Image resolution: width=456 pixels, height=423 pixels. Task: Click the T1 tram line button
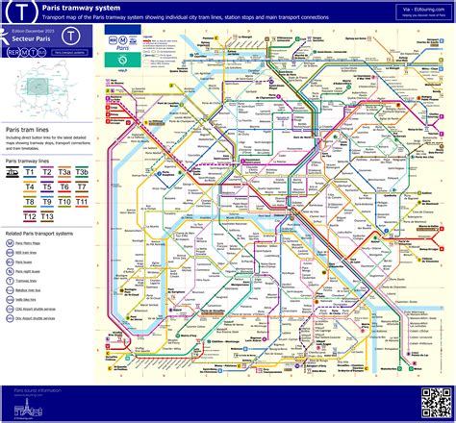30,172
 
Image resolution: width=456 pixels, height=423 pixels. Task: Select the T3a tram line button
64,172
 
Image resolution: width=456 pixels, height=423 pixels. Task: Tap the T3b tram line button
83,172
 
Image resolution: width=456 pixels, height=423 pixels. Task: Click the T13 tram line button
47,218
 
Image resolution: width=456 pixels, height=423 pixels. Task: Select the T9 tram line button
47,203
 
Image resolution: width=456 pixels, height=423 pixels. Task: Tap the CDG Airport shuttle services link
45,315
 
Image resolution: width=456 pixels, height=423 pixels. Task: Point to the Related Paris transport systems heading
46,233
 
